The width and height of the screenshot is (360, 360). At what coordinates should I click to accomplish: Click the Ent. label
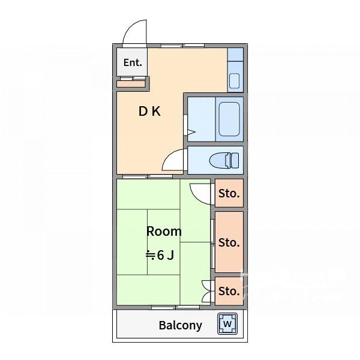pyautogui.click(x=133, y=62)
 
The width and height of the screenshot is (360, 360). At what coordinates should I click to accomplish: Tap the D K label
pyautogui.click(x=149, y=112)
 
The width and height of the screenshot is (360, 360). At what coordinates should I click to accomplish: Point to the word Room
pyautogui.click(x=164, y=231)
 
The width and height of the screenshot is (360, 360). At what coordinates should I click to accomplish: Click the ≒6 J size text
pyautogui.click(x=160, y=255)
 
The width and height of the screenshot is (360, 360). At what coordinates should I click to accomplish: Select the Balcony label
pyautogui.click(x=181, y=325)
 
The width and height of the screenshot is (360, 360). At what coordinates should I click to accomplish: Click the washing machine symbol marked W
pyautogui.click(x=227, y=324)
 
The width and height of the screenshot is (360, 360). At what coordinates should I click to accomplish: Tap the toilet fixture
pyautogui.click(x=224, y=160)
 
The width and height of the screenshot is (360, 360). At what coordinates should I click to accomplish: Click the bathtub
pyautogui.click(x=229, y=119)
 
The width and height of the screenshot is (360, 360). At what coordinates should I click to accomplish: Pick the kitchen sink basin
pyautogui.click(x=234, y=81)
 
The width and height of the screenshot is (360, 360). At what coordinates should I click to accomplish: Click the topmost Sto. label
pyautogui.click(x=229, y=194)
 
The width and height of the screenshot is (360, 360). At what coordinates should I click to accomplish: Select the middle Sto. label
pyautogui.click(x=229, y=242)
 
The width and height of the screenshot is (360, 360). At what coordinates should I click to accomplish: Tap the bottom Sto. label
pyautogui.click(x=229, y=291)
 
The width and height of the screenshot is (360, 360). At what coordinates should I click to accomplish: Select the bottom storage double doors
pyautogui.click(x=206, y=292)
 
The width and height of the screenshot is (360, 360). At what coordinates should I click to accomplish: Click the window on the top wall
pyautogui.click(x=182, y=46)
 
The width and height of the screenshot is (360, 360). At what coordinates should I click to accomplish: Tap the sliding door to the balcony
pyautogui.click(x=176, y=307)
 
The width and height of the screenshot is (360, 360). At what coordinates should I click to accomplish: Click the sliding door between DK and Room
pyautogui.click(x=148, y=176)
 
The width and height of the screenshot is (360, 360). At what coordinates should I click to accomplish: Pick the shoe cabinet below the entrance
pyautogui.click(x=131, y=84)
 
